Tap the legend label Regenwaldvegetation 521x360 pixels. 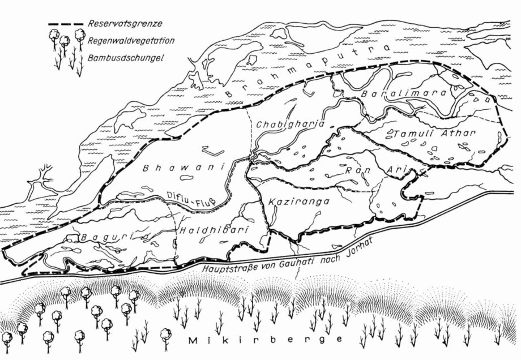[131, 41]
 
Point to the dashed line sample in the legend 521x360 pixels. [66, 25]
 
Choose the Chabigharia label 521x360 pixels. [290, 124]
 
